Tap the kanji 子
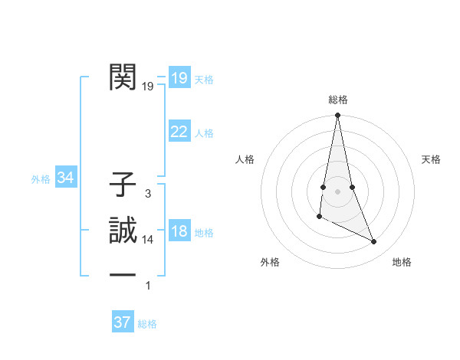[123, 185]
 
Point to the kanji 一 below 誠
[123, 274]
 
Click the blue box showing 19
[179, 77]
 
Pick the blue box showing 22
[179, 132]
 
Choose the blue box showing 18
[179, 231]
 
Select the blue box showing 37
[123, 322]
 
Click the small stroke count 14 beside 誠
[148, 240]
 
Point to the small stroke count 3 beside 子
[148, 195]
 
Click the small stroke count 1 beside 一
[148, 286]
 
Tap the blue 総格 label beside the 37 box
[147, 324]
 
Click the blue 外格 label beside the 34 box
[41, 180]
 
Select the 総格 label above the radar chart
[338, 100]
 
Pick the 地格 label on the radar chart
[402, 262]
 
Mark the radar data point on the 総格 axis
[337, 116]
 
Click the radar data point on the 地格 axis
[374, 242]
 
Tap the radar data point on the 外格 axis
[320, 218]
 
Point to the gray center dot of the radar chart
[337, 191]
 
